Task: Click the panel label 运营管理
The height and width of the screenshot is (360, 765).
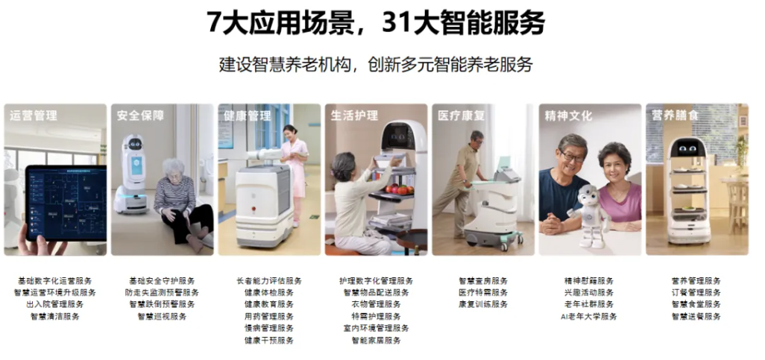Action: [x=33, y=116]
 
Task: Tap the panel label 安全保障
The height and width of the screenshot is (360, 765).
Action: [x=140, y=116]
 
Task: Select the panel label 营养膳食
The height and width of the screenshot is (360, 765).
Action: [x=676, y=116]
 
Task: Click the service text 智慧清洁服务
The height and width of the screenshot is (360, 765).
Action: [x=54, y=316]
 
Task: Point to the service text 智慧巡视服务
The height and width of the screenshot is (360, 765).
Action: [x=162, y=316]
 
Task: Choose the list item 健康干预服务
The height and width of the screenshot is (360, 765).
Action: [x=269, y=340]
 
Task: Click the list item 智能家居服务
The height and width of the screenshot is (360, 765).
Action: [x=376, y=340]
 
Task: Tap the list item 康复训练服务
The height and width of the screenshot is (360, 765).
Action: [x=483, y=304]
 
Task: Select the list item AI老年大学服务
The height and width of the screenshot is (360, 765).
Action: [x=589, y=316]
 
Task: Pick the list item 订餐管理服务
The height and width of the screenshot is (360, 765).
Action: [x=696, y=292]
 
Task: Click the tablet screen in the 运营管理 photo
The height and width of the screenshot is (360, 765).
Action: [x=66, y=203]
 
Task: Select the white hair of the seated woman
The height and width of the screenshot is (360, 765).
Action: [x=173, y=167]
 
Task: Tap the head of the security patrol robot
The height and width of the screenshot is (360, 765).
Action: [x=133, y=143]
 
